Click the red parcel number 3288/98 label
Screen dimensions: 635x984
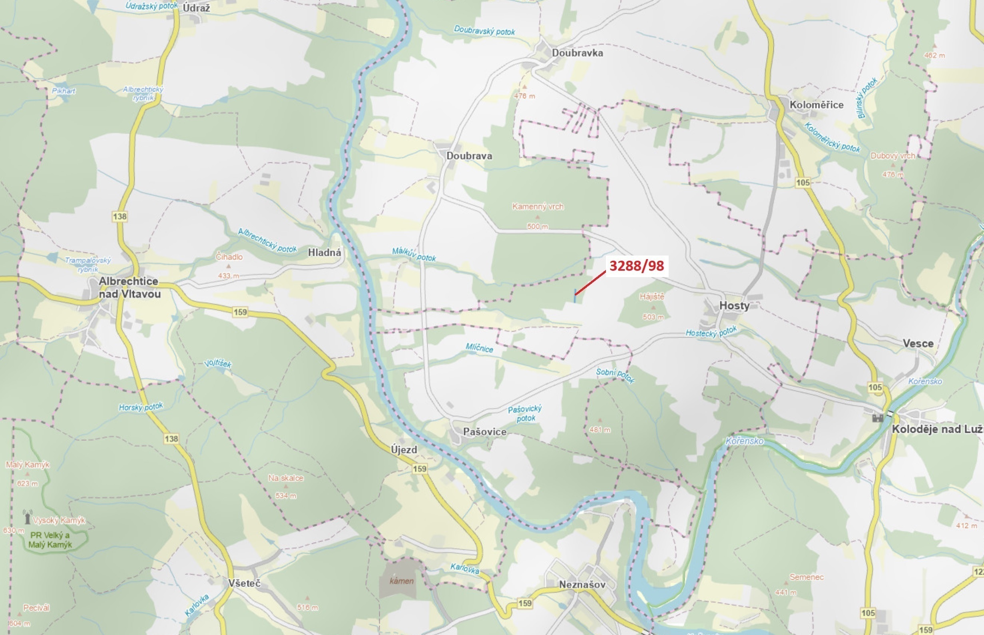(x=636, y=266)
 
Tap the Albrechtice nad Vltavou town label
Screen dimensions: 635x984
(x=129, y=288)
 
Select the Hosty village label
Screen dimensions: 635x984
(x=734, y=306)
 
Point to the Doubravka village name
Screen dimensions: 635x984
(x=577, y=53)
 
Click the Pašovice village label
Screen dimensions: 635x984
(x=484, y=432)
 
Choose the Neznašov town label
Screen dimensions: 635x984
(x=582, y=584)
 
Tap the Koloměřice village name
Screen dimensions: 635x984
(x=816, y=105)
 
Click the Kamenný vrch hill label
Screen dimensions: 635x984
(x=537, y=207)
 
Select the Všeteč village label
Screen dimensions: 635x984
(x=244, y=583)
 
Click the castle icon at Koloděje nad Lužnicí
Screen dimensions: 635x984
(x=878, y=418)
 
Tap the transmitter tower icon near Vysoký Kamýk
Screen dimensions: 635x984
(x=27, y=517)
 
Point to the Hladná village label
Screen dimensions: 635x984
(x=324, y=252)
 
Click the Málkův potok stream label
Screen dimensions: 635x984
(x=413, y=254)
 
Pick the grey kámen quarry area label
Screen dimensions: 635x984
(x=401, y=581)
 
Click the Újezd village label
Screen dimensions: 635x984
(x=404, y=449)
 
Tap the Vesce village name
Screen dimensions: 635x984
(x=918, y=343)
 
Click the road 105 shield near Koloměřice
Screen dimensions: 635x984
(x=803, y=182)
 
